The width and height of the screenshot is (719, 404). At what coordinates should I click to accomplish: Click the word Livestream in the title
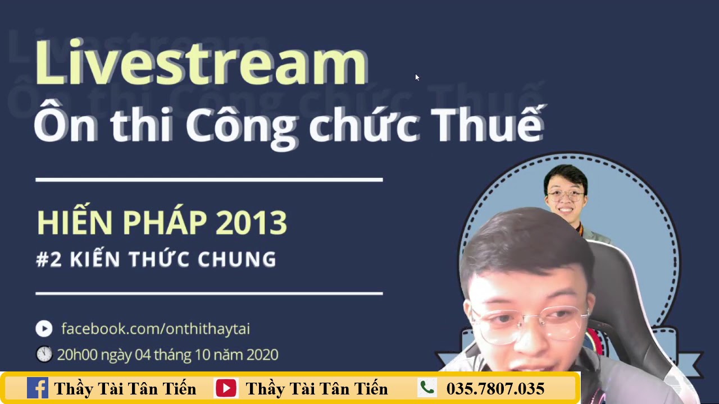coord(201,62)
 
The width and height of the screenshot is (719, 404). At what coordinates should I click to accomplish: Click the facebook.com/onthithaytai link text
coord(156,329)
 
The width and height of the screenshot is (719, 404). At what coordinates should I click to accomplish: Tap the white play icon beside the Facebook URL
coord(44,329)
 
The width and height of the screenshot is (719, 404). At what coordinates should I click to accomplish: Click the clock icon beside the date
coord(44,354)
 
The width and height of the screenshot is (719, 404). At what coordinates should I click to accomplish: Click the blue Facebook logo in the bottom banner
coord(38,388)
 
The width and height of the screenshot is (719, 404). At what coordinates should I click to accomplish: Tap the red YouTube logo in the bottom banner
coord(226,388)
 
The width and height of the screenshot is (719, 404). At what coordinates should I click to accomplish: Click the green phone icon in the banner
coord(427,388)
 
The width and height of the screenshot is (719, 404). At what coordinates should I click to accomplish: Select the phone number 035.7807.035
coord(495,389)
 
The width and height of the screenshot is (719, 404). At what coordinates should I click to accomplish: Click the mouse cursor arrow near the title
coord(417,77)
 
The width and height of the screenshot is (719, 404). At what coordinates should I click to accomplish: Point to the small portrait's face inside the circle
coord(566,197)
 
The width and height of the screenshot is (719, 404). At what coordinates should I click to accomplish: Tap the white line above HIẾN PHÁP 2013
coord(209,180)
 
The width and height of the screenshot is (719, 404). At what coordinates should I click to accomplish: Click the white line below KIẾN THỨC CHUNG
coord(209,293)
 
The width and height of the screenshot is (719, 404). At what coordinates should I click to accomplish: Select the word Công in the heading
coord(242,127)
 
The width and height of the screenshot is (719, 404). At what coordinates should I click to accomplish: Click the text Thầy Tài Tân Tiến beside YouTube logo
coord(317,389)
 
